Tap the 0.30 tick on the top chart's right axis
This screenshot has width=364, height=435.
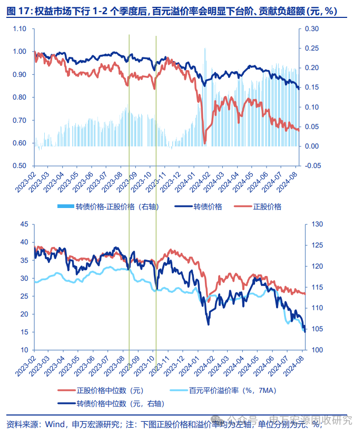[312, 28]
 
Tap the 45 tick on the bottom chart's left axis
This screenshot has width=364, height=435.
[24, 224]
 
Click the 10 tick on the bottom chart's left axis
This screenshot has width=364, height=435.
[24, 350]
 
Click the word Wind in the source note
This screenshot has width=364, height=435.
[55, 424]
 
